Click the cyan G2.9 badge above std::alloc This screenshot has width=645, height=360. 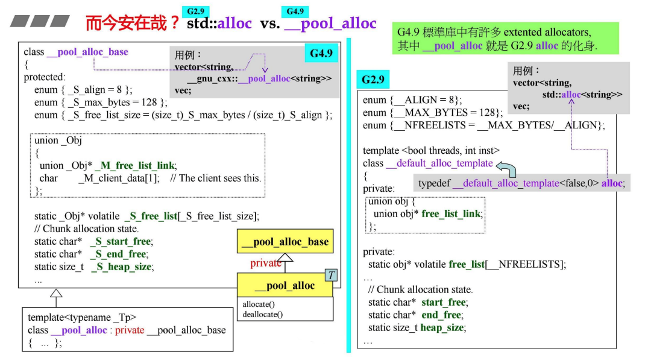point(196,11)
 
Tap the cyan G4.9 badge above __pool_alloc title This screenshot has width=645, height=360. point(295,11)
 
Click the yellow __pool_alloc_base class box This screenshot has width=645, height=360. point(285,242)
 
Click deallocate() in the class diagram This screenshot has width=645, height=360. point(263,314)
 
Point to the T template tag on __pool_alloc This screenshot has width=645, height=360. point(331,276)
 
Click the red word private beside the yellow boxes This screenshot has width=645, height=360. point(266,263)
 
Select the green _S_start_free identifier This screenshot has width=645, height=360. point(121,241)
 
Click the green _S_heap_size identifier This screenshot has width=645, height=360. point(122,267)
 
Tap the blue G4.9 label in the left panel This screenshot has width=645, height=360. point(321,54)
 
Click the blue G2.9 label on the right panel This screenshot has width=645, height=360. point(373,79)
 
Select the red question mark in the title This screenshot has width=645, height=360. point(174,23)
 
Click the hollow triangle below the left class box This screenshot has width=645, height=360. point(56,294)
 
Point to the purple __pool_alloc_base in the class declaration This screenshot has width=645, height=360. point(87,52)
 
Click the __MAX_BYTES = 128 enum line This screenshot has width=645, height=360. point(432,113)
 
